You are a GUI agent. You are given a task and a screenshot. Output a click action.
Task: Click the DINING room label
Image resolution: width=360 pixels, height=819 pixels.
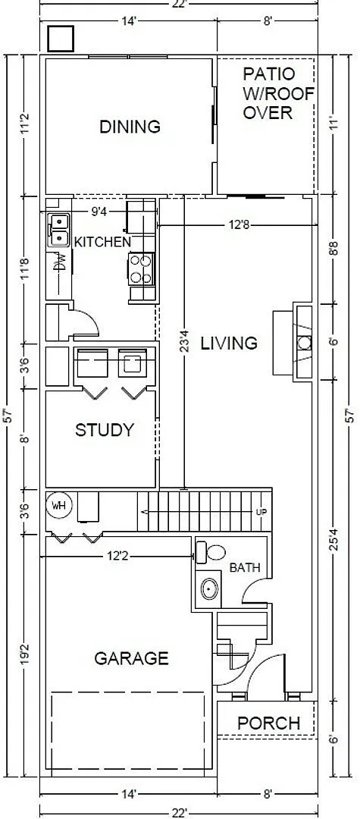130,127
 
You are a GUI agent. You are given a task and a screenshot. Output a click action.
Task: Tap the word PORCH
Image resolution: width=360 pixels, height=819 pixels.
269,723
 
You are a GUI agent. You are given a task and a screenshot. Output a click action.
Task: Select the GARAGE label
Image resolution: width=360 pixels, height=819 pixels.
131,658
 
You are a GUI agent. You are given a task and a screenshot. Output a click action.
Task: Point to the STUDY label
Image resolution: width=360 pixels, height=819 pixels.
105,431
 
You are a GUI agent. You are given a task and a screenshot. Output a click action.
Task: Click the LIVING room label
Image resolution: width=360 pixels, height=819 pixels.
229,344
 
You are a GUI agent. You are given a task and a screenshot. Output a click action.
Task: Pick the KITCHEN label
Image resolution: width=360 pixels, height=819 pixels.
103,242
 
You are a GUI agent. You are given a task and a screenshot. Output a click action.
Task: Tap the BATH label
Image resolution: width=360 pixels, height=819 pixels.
245,568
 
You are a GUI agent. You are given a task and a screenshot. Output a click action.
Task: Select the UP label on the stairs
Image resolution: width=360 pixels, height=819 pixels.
261,512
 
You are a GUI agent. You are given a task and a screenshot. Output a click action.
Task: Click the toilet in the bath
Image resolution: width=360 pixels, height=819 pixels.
210,552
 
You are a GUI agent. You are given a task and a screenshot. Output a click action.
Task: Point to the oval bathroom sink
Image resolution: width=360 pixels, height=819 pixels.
208,589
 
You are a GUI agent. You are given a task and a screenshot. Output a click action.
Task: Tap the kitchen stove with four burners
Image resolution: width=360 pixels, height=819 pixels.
141,268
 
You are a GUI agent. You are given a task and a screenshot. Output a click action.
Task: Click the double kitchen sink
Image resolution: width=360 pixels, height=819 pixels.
59,231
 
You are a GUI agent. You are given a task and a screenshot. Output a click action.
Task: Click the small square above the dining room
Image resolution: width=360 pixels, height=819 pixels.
61,38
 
